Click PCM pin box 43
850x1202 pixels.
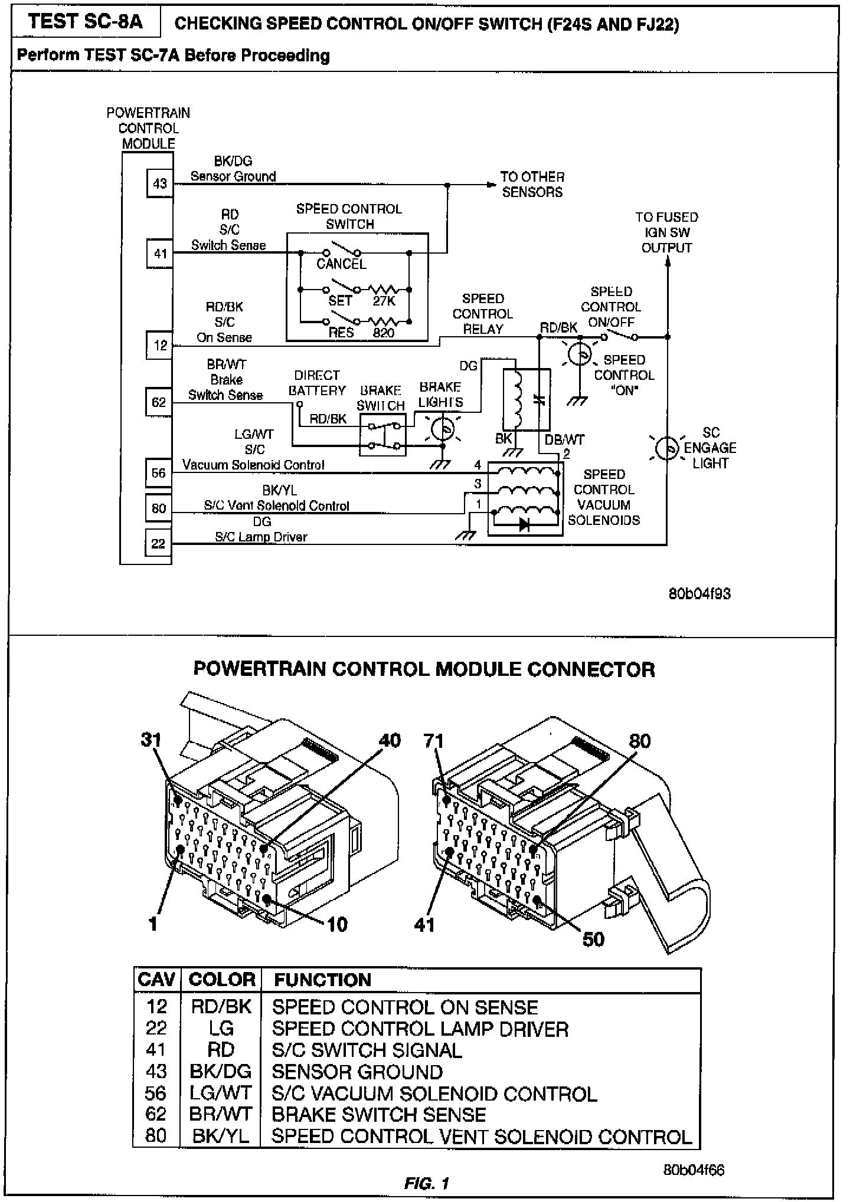point(159,183)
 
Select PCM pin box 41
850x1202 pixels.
point(159,254)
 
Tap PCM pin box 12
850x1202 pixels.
point(159,345)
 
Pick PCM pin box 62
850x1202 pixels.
point(159,402)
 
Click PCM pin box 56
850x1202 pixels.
point(159,473)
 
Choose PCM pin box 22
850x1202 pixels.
point(158,543)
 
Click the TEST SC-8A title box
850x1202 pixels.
point(86,22)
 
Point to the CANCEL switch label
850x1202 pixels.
point(341,264)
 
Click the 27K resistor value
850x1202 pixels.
point(384,301)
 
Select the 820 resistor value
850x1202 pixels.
point(384,333)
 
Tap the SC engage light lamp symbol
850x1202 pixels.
point(667,448)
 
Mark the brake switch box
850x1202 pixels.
point(382,434)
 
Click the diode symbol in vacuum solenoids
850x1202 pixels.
point(524,525)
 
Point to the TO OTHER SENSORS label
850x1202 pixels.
point(532,184)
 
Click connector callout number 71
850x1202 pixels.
point(434,741)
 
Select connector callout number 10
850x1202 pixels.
point(337,924)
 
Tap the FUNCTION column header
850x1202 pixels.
point(322,980)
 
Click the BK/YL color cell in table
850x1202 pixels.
point(221,1136)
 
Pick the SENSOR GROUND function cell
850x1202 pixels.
point(357,1072)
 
